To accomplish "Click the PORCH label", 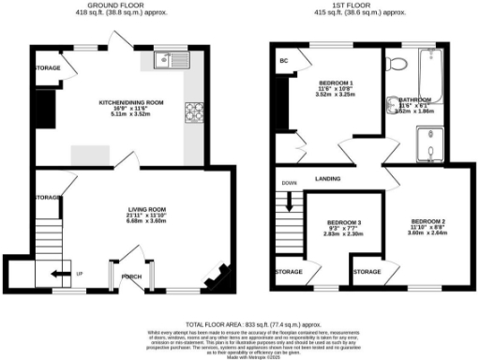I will pos(132,277).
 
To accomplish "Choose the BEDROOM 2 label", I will pos(427,220).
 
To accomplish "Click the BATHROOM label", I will pos(414,99).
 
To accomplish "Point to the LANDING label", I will pos(327,177).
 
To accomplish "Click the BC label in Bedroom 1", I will pos(282,63).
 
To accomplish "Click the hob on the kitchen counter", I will pos(194,113).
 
